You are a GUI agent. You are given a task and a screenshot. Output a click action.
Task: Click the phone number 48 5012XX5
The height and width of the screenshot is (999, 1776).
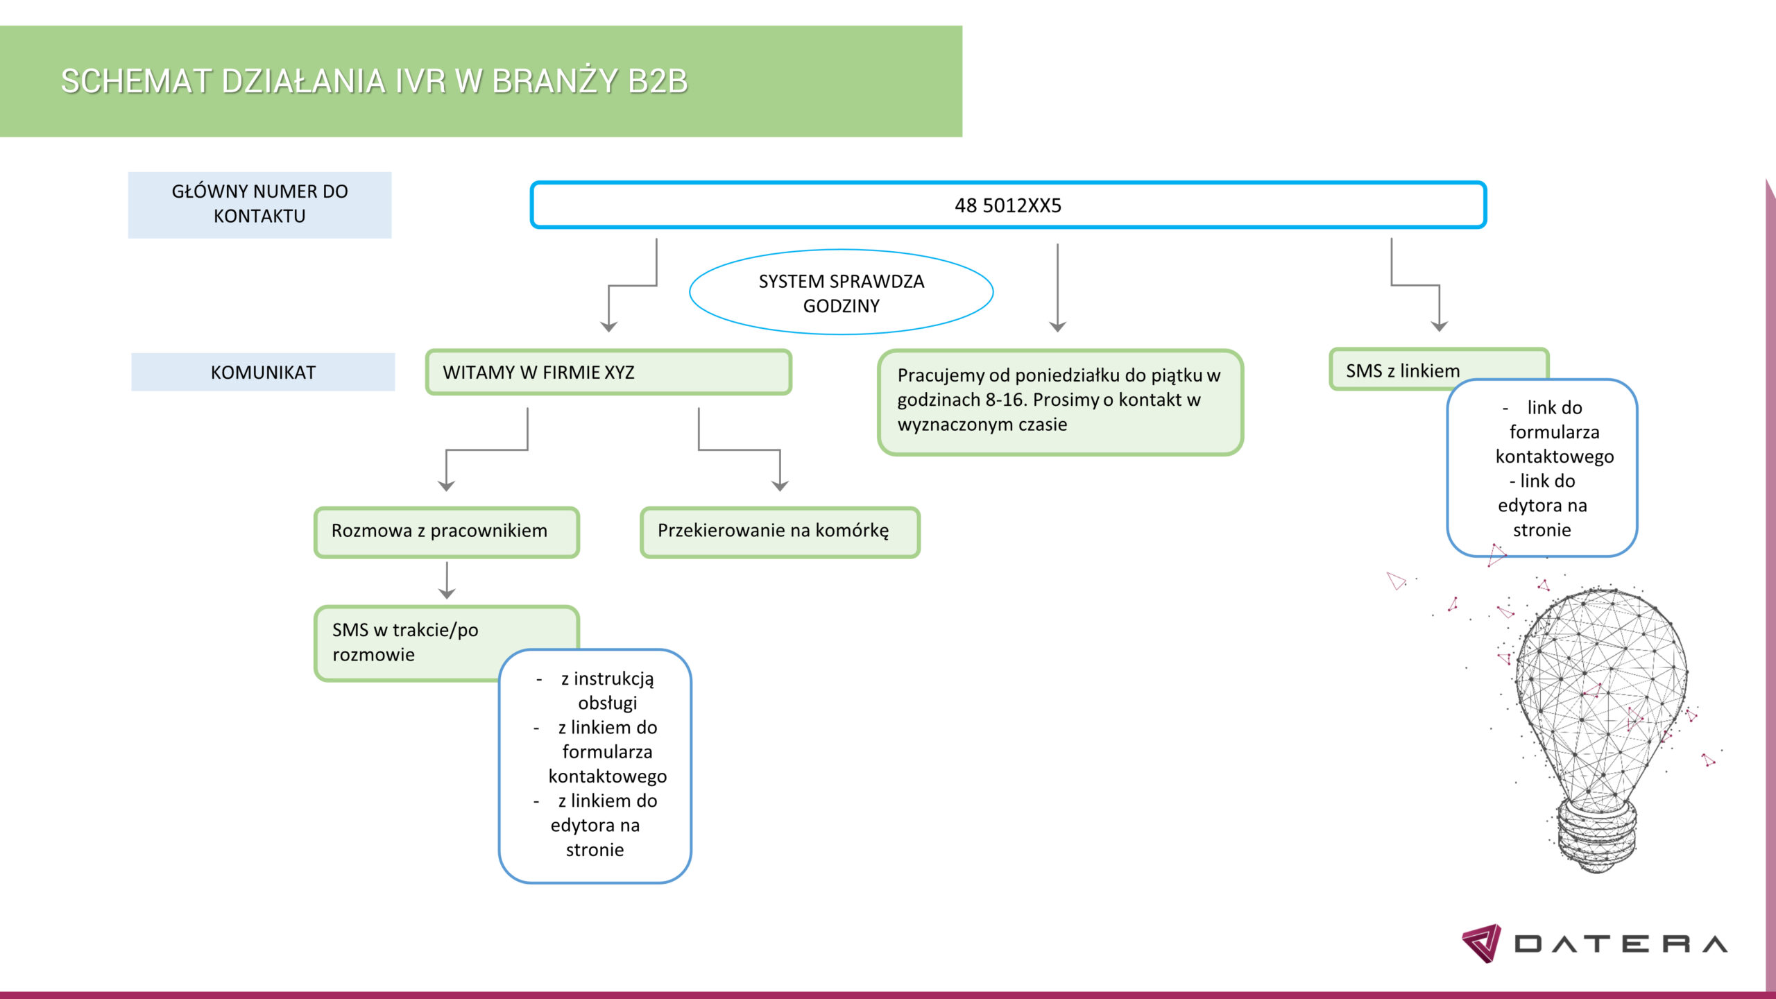[x=1007, y=205]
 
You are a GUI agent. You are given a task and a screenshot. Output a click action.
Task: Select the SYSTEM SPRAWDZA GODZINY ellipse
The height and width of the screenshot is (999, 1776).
[x=841, y=293]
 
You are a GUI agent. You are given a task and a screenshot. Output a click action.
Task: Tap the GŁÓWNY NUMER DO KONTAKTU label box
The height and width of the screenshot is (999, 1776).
[x=259, y=205]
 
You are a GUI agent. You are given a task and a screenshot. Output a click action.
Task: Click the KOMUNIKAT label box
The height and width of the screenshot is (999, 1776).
[x=263, y=373]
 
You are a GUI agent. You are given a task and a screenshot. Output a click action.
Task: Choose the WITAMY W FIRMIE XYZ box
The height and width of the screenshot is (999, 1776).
[x=608, y=373]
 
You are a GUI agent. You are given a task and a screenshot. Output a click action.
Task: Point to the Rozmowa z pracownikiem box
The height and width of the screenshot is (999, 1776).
[x=446, y=531]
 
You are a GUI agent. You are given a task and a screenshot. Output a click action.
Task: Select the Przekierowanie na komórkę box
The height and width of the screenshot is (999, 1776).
[x=780, y=531]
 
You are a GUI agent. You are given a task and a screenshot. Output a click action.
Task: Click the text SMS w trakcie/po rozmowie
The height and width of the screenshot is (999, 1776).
[x=405, y=642]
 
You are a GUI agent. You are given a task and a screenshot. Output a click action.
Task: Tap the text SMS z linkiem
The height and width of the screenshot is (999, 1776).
[x=1403, y=370]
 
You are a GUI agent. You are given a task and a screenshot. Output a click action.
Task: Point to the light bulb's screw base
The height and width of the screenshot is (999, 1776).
[x=1597, y=832]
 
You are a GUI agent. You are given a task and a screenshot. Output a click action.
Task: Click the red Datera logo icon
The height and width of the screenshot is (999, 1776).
[x=1482, y=943]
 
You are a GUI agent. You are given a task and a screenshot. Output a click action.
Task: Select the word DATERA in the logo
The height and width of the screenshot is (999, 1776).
[x=1621, y=944]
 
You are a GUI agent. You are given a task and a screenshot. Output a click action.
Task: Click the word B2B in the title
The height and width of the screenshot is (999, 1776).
[x=658, y=81]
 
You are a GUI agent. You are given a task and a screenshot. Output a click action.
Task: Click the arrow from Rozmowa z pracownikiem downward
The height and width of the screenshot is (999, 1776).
[x=447, y=581]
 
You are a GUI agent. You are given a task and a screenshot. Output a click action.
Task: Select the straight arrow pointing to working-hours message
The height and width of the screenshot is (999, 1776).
[x=1057, y=288]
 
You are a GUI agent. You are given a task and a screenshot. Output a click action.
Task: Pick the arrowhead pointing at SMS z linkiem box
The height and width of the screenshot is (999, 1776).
[x=1440, y=326]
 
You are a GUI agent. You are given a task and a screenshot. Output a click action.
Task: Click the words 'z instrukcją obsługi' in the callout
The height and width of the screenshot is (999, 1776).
[x=607, y=690]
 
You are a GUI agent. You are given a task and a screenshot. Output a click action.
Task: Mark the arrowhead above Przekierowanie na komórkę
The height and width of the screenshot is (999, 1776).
[x=780, y=486]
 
